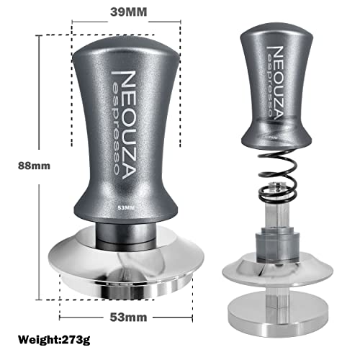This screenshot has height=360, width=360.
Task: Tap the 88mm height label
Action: (x=33, y=165)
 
